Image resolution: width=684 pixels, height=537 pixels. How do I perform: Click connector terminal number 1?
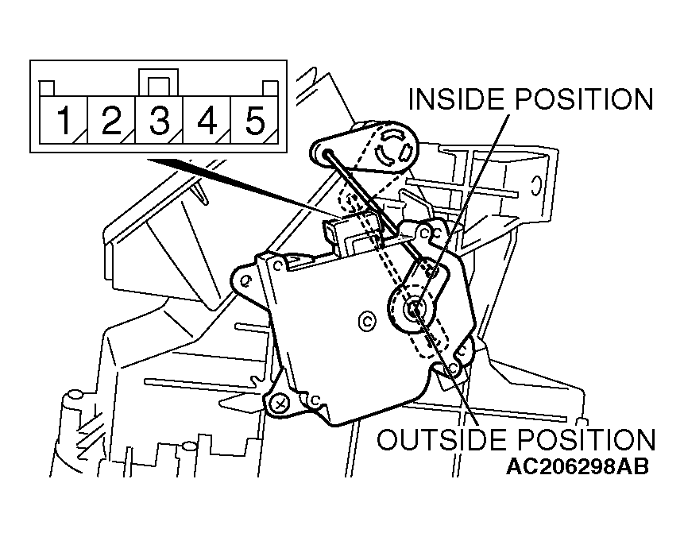click(x=64, y=120)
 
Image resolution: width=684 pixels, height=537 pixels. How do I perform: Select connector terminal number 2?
click(x=111, y=120)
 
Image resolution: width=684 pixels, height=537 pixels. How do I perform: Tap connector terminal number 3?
click(x=159, y=120)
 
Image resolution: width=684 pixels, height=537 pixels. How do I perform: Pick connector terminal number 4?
click(x=207, y=120)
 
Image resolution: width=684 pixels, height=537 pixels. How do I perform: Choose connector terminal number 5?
click(x=255, y=120)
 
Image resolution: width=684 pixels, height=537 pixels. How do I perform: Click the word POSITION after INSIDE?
click(x=584, y=99)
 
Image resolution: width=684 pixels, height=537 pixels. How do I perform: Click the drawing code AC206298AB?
click(x=577, y=467)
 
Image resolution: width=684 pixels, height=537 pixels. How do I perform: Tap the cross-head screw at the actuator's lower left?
click(x=278, y=404)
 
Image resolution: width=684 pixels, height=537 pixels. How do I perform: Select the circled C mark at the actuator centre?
click(x=367, y=322)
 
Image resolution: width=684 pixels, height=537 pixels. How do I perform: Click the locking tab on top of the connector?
click(x=158, y=82)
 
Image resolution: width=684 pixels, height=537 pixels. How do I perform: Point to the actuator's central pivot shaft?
click(x=412, y=309)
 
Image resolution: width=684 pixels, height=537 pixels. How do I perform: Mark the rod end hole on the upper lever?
click(x=327, y=153)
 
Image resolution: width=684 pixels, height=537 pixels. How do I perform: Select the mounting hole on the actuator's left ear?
click(x=245, y=280)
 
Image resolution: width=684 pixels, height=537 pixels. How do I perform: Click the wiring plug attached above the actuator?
click(x=349, y=234)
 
